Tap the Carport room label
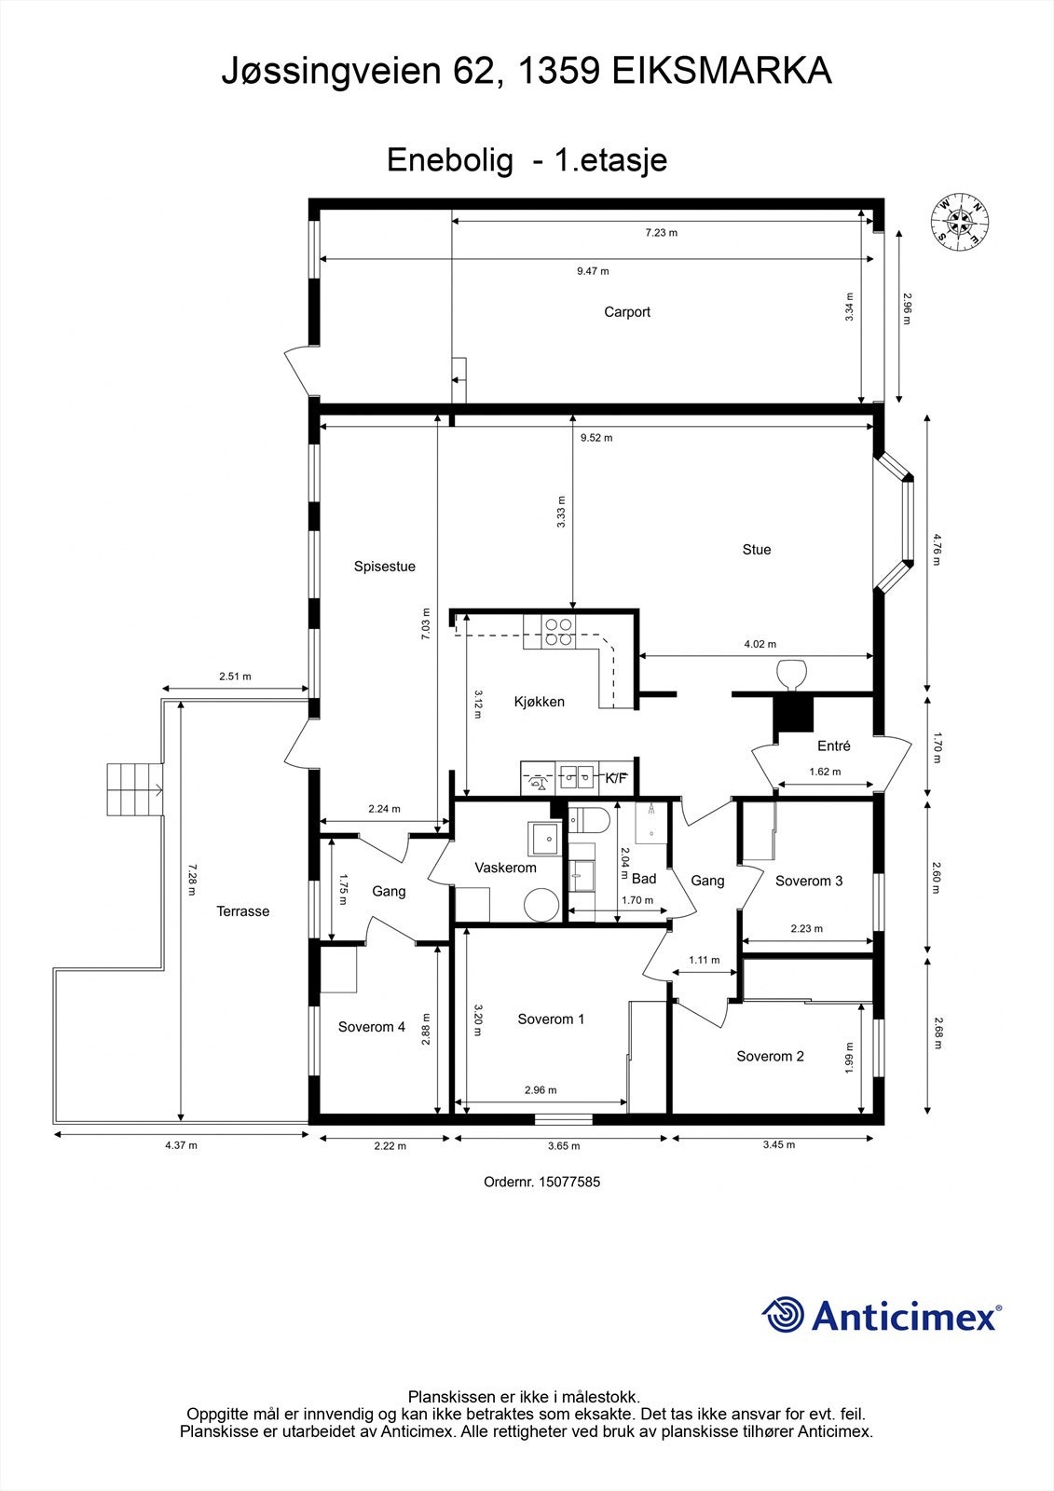click(x=626, y=312)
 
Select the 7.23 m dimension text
click(x=661, y=233)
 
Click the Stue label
click(x=757, y=549)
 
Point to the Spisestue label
click(x=384, y=567)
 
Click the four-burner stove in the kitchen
click(x=558, y=633)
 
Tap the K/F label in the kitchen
click(x=615, y=777)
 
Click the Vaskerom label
click(x=505, y=868)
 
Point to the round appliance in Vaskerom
click(x=542, y=906)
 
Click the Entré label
click(x=834, y=746)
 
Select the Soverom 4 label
click(x=371, y=1027)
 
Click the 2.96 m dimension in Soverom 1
click(x=541, y=1090)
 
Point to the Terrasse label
click(x=242, y=911)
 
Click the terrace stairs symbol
click(x=135, y=789)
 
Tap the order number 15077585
click(x=569, y=1182)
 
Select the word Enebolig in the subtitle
click(x=450, y=161)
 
